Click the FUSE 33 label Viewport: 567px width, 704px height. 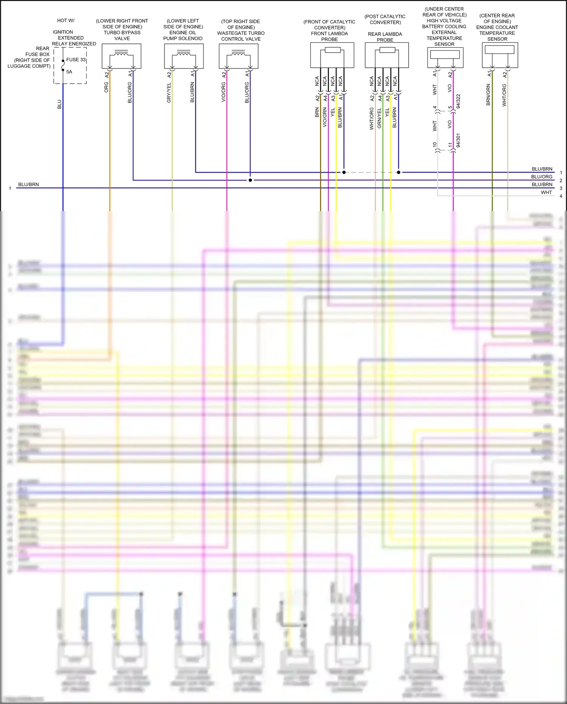(x=76, y=60)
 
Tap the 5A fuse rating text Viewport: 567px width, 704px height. (x=69, y=72)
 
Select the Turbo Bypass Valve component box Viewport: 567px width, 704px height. (x=121, y=56)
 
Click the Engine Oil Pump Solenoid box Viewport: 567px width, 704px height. (x=184, y=56)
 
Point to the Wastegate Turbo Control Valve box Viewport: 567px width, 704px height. (x=239, y=56)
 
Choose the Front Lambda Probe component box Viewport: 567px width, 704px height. (x=332, y=55)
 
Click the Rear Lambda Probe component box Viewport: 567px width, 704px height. (x=386, y=55)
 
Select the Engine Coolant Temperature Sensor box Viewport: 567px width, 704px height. (x=500, y=55)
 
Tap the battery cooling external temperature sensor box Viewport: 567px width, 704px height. (x=445, y=57)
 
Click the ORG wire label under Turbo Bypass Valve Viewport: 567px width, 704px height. (x=106, y=87)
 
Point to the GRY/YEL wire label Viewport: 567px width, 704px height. (x=169, y=93)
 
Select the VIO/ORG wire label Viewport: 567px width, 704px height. (x=223, y=92)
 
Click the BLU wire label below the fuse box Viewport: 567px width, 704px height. (x=59, y=104)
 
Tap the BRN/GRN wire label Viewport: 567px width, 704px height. (x=488, y=95)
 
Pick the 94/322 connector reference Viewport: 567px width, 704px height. (x=458, y=101)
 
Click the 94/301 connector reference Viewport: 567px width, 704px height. (x=458, y=140)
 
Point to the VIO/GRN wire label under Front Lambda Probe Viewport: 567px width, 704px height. (x=325, y=117)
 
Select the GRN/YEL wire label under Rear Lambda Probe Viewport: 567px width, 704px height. (x=379, y=118)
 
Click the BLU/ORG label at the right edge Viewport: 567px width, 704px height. (x=542, y=177)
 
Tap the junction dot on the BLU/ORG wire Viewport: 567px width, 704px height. (x=250, y=180)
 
